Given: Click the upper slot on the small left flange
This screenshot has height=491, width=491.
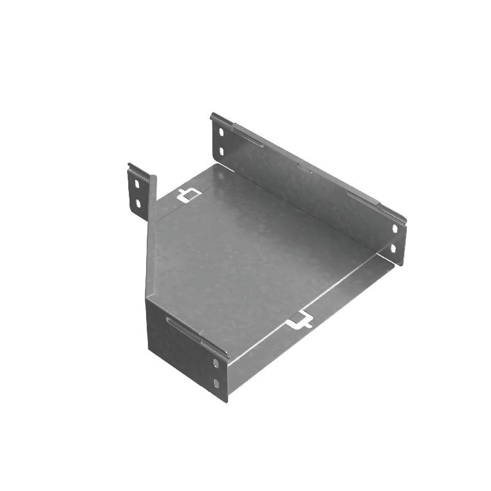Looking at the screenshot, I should click(x=137, y=183).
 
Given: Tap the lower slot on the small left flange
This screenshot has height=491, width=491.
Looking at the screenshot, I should click(x=138, y=203).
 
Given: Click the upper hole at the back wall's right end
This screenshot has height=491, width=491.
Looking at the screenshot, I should click(x=395, y=228).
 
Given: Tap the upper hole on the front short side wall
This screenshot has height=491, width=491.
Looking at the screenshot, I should click(x=215, y=363).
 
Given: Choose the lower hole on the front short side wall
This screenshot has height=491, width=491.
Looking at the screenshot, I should click(x=215, y=384).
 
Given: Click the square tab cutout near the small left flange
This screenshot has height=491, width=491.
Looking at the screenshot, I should click(x=189, y=195).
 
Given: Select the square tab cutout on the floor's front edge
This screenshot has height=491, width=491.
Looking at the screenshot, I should click(x=301, y=319).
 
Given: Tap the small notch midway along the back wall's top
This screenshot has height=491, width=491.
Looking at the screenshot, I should click(x=304, y=168).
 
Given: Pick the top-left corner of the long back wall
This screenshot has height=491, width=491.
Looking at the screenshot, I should click(x=212, y=115).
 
